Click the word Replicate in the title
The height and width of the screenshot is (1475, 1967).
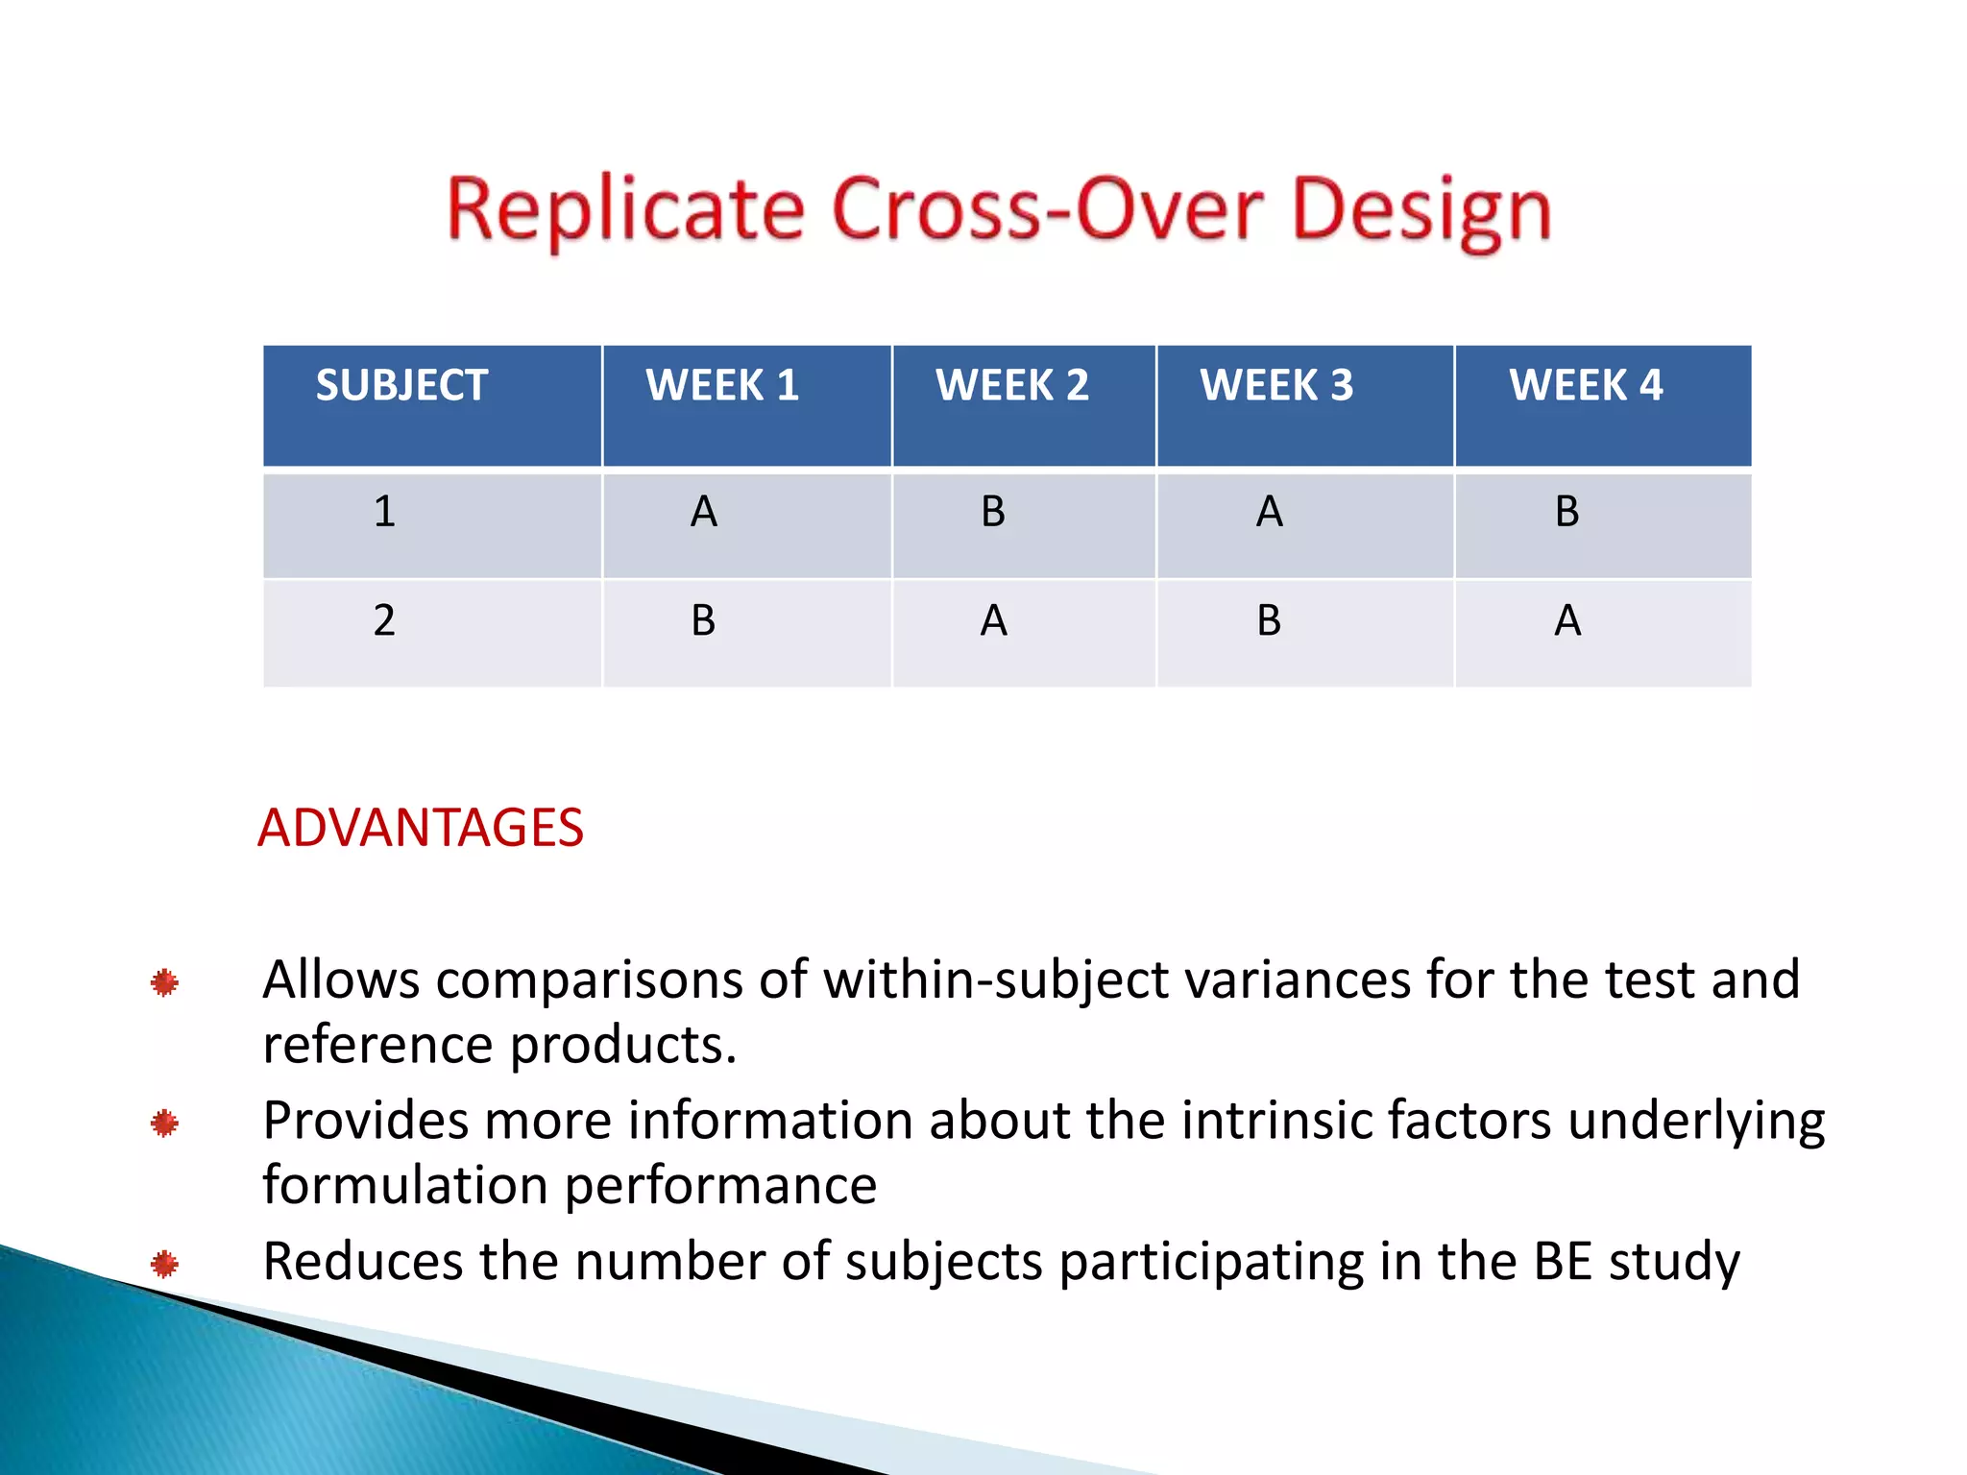pos(625,210)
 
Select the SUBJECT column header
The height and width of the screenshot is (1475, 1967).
pos(401,386)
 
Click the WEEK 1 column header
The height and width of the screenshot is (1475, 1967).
pos(722,386)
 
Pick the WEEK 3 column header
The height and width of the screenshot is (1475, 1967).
pos(1276,386)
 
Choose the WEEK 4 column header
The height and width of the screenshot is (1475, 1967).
pos(1586,386)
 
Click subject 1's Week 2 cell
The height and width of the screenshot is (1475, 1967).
pos(993,512)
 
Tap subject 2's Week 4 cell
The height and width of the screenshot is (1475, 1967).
pos(1567,621)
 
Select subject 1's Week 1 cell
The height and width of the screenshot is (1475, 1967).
pos(704,512)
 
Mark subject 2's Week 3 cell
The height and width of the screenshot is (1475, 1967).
pos(1269,621)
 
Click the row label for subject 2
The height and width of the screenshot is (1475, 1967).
pos(384,621)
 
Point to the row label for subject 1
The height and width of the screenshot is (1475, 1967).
pos(384,512)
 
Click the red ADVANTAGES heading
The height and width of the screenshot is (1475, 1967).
pos(421,828)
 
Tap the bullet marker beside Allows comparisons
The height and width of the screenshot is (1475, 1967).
pos(164,982)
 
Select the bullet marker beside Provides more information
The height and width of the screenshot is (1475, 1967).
pos(164,1123)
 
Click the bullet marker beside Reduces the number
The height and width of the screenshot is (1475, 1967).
pos(164,1264)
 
